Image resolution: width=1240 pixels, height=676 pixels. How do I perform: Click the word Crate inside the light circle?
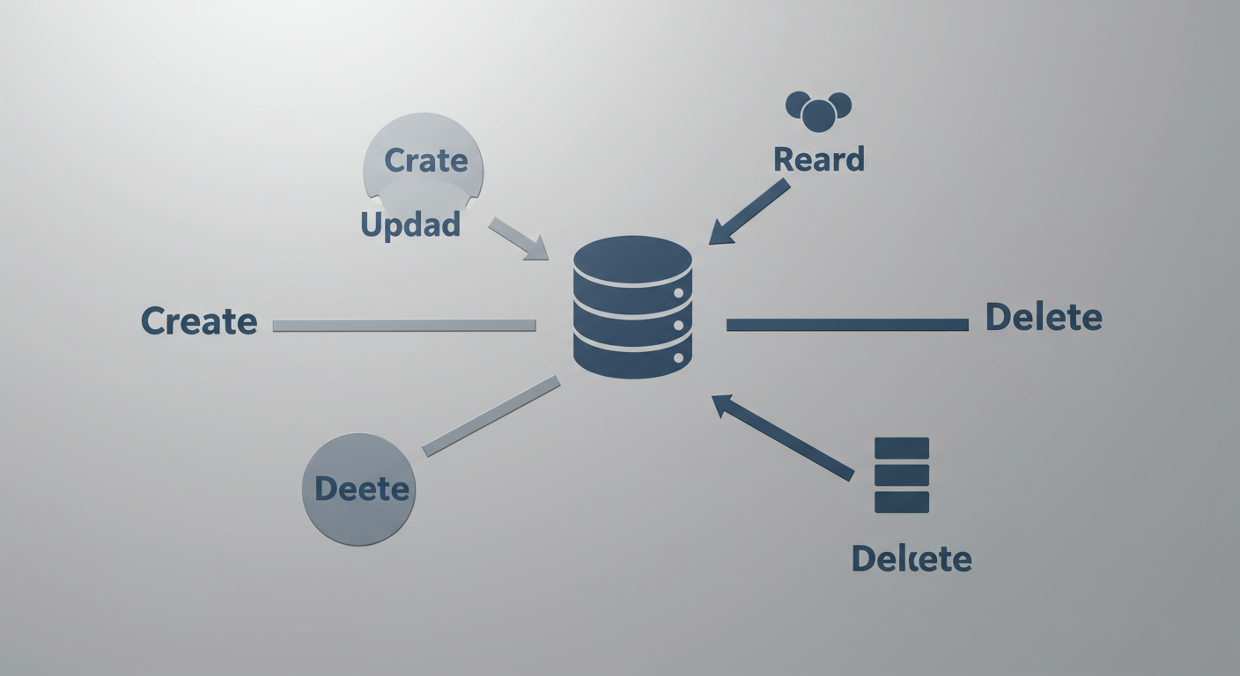coord(426,160)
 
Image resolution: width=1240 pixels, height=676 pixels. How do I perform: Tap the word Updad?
coord(410,225)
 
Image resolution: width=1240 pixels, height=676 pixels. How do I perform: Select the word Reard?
coord(818,159)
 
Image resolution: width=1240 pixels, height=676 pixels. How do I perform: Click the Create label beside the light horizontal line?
coord(199,321)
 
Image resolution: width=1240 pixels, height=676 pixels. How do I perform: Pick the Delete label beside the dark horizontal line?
coord(1044,317)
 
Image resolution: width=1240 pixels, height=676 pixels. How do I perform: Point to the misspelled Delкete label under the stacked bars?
coord(911,558)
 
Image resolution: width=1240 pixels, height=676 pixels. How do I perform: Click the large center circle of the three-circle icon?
coord(818,116)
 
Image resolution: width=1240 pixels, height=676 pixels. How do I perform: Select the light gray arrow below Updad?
coord(519,238)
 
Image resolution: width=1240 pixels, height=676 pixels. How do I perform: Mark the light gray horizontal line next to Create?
coord(404,326)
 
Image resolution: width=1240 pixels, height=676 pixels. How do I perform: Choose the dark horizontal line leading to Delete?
coord(847,325)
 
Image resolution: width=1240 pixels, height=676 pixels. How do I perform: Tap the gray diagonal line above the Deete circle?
coord(491,415)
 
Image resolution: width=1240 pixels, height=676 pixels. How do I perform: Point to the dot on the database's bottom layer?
coord(679,358)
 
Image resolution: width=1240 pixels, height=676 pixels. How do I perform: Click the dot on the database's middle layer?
coord(679,326)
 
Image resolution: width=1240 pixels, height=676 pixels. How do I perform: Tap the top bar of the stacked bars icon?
coord(902,448)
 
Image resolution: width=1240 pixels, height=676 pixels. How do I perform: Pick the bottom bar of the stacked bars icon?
coord(902,502)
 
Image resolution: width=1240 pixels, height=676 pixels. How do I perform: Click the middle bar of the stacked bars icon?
coord(902,475)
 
